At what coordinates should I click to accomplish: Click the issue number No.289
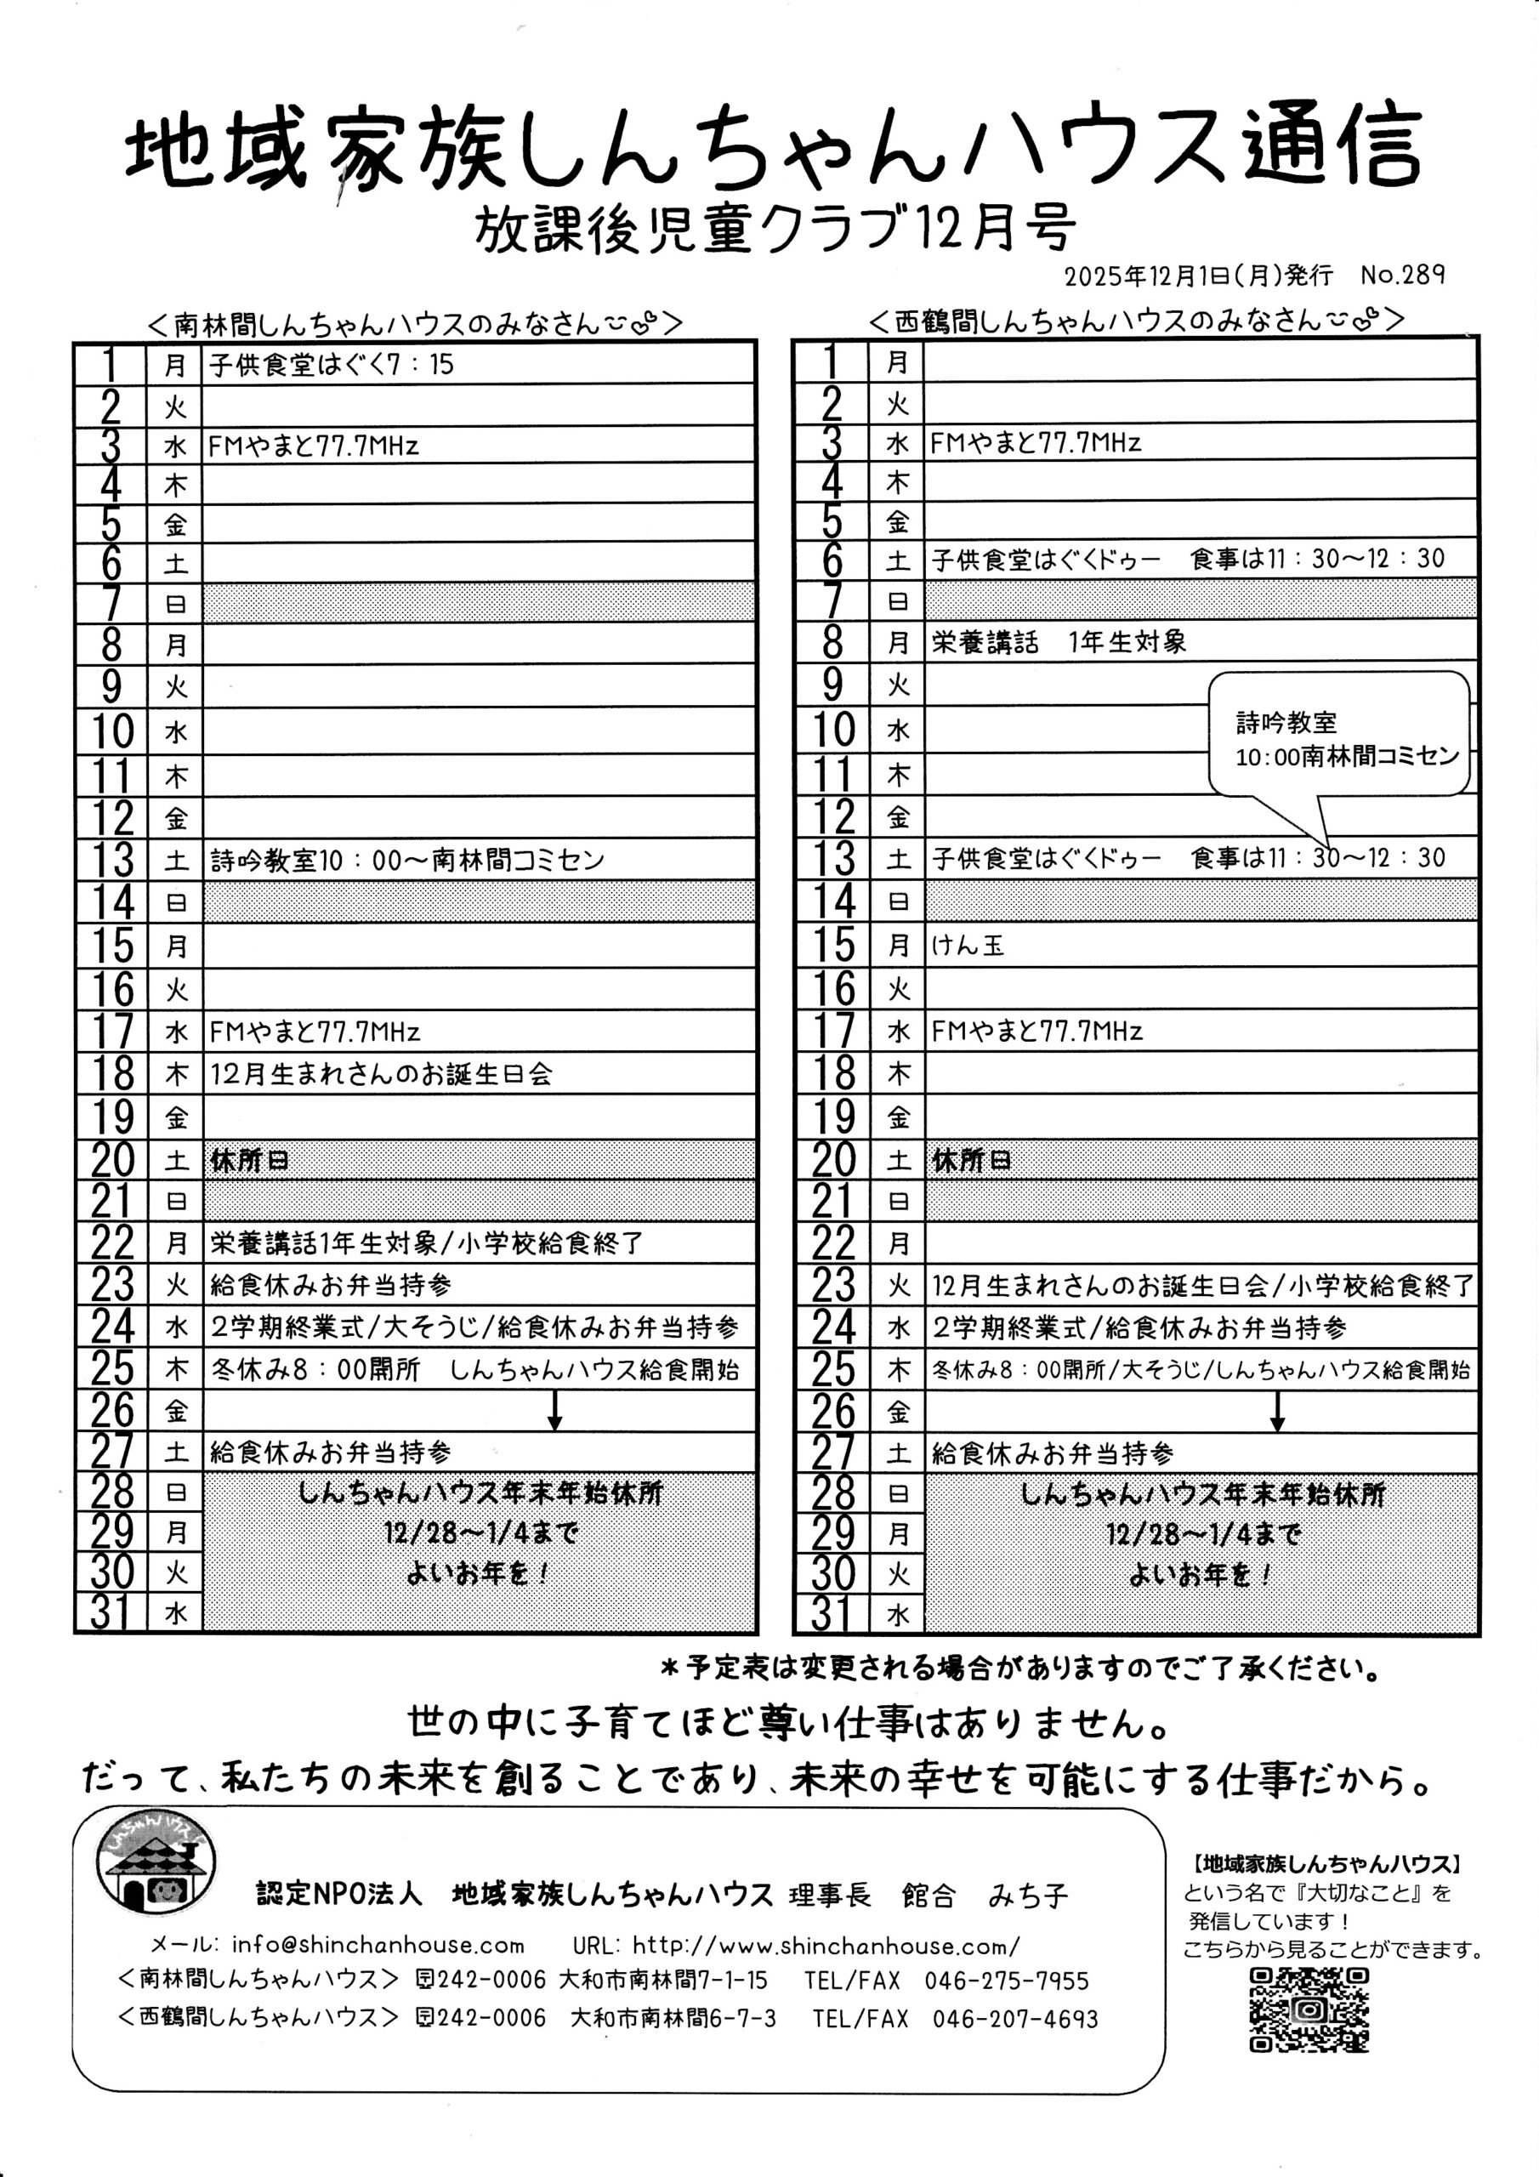[x=1401, y=275]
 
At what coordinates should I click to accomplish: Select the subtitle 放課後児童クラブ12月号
[x=775, y=229]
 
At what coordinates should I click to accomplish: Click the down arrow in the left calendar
[x=554, y=1410]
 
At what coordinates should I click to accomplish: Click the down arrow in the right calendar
[x=1276, y=1411]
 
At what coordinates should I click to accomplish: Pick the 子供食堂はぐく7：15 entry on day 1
[x=331, y=365]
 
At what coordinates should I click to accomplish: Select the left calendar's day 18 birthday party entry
[x=380, y=1074]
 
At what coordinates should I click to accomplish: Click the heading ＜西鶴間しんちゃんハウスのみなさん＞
[x=1135, y=320]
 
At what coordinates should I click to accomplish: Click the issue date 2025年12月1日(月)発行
[x=1198, y=276]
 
